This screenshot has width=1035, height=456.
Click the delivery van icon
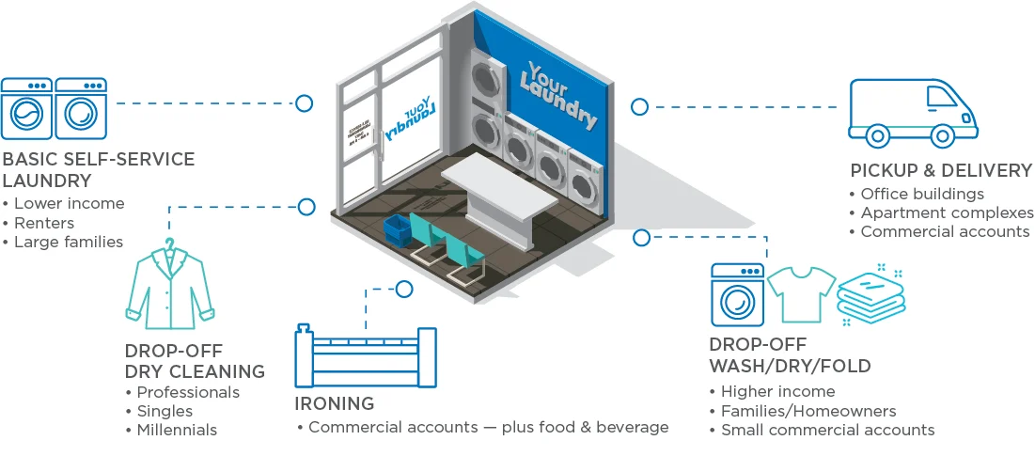tap(912, 113)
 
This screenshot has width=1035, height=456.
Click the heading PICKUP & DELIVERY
tap(941, 170)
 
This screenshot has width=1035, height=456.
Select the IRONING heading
tap(334, 403)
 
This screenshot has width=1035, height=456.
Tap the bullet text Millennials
tap(177, 430)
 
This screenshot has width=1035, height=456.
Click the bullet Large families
tap(69, 242)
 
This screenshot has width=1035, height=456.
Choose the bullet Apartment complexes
tap(947, 212)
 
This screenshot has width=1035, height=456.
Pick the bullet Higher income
tap(777, 391)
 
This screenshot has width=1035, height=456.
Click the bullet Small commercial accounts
tap(827, 430)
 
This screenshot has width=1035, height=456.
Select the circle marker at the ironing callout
tap(404, 289)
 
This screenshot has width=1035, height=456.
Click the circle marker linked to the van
tap(639, 107)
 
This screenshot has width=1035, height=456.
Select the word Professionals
tap(188, 392)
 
